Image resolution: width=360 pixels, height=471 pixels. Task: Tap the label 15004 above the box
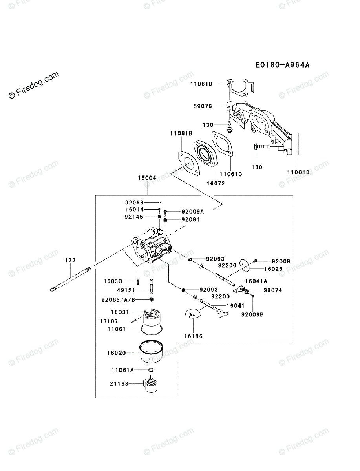(x=147, y=178)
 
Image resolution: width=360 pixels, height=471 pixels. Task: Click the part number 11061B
(x=181, y=134)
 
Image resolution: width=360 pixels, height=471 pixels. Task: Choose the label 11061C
(x=231, y=174)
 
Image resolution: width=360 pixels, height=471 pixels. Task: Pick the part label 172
(x=70, y=260)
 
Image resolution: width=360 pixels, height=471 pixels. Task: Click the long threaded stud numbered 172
(x=71, y=279)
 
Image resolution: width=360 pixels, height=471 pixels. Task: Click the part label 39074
(x=273, y=290)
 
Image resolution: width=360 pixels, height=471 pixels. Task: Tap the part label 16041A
(x=256, y=281)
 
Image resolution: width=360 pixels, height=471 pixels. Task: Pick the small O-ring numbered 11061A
(x=151, y=370)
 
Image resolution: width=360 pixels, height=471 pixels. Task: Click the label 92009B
(x=253, y=314)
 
